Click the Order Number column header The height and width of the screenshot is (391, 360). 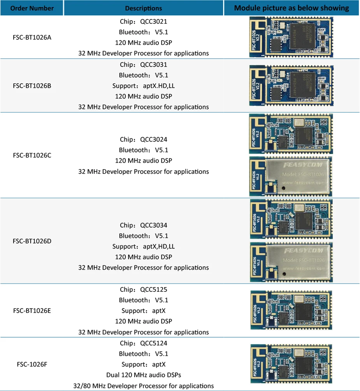tap(32, 8)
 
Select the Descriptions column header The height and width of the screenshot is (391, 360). tap(144, 8)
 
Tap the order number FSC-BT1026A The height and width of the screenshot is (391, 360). tap(32, 38)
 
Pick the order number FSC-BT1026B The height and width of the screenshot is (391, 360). tap(32, 86)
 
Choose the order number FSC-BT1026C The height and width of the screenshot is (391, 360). tap(32, 155)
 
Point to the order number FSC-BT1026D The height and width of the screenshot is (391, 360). tap(32, 241)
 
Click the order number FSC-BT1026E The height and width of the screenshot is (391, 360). tap(32, 310)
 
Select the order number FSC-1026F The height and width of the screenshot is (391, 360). tap(32, 365)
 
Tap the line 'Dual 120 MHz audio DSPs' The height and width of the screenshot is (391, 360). tap(144, 375)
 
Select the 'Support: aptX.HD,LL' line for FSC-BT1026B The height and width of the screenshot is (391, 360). tap(144, 86)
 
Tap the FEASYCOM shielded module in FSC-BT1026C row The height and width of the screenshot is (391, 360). tap(290, 176)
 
